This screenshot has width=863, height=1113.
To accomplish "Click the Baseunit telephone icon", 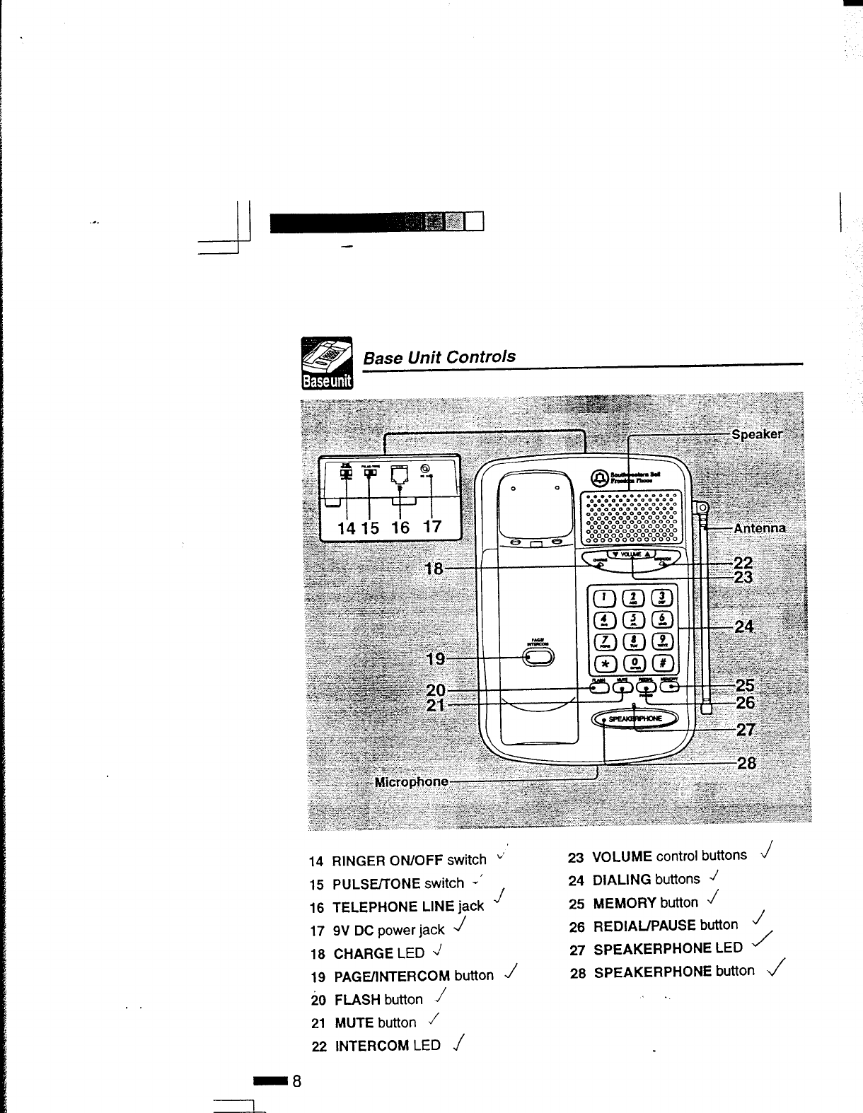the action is click(x=327, y=363).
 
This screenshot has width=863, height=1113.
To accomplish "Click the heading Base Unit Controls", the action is click(x=439, y=356).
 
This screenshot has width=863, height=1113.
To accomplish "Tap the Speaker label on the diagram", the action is click(x=757, y=434).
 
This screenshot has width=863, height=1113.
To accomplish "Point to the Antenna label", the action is click(x=759, y=528).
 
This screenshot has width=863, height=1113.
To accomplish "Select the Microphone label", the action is click(x=411, y=782).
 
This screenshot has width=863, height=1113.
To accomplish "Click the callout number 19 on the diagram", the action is click(x=435, y=659).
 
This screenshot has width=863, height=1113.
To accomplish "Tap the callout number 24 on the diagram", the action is click(x=743, y=627).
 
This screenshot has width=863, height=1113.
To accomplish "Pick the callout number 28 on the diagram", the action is click(x=746, y=764).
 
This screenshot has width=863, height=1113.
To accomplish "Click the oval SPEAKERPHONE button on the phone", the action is click(x=635, y=718).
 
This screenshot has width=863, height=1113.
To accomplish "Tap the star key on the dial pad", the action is click(x=607, y=663).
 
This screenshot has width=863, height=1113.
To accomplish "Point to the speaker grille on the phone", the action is click(x=631, y=518).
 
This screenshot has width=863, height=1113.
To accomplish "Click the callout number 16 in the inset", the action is click(x=400, y=528).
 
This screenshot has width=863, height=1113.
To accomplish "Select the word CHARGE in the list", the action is click(x=364, y=953).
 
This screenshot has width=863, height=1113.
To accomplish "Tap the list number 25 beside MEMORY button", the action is click(x=577, y=904).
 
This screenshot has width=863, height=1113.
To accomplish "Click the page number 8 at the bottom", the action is click(x=297, y=1081).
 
